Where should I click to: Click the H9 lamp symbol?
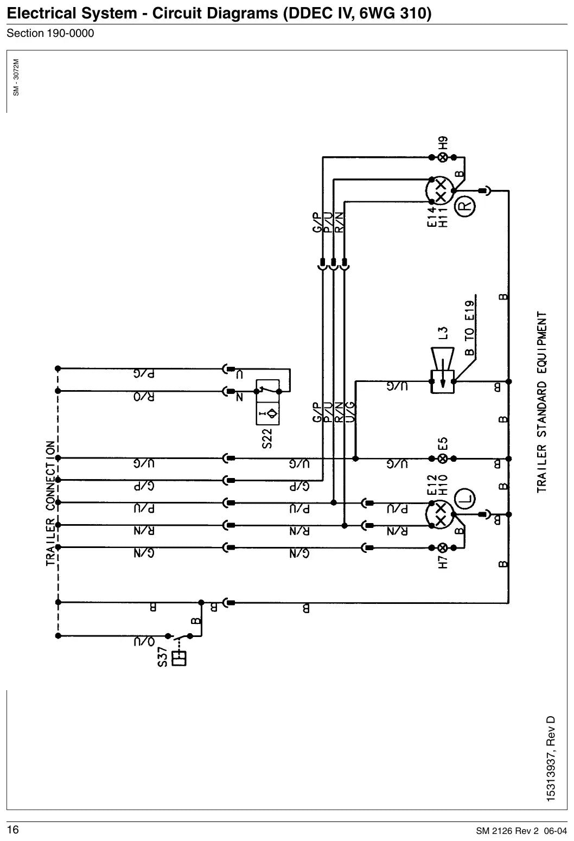pyautogui.click(x=443, y=158)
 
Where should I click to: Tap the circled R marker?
pyautogui.click(x=465, y=206)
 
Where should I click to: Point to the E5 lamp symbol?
pyautogui.click(x=443, y=458)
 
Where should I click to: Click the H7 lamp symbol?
pyautogui.click(x=443, y=548)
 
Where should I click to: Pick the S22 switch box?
pyautogui.click(x=267, y=402)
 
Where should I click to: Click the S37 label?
pyautogui.click(x=162, y=657)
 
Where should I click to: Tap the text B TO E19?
pyautogui.click(x=469, y=328)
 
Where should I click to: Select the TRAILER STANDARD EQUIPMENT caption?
pyautogui.click(x=541, y=402)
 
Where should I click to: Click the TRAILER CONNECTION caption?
pyautogui.click(x=50, y=503)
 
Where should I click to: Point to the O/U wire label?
pyautogui.click(x=144, y=642)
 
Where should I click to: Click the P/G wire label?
pyautogui.click(x=144, y=374)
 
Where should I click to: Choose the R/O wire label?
pyautogui.click(x=144, y=397)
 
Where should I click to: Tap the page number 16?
pyautogui.click(x=13, y=830)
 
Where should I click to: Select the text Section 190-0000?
pyautogui.click(x=50, y=34)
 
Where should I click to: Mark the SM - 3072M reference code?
pyautogui.click(x=16, y=78)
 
